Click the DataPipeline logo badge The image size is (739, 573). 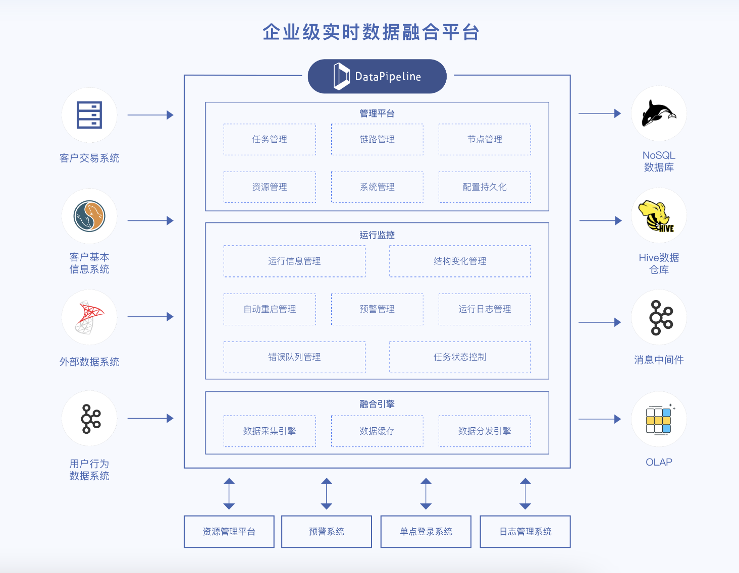377,77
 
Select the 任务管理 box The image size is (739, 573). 270,139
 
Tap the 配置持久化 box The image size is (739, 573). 485,187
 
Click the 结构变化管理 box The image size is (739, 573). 460,261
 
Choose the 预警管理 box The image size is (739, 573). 377,309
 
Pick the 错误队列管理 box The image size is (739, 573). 294,357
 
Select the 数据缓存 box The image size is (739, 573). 377,431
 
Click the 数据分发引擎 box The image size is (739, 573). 485,431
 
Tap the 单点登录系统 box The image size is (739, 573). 426,532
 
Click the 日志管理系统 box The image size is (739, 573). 525,532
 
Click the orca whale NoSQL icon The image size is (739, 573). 658,113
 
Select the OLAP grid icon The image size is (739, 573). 659,420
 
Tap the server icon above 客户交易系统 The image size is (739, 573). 89,115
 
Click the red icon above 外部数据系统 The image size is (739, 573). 89,317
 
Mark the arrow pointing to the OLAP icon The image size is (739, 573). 600,419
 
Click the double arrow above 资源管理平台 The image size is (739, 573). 229,493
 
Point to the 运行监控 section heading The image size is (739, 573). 377,235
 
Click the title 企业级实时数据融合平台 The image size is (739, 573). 371,32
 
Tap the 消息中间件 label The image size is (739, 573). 659,360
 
